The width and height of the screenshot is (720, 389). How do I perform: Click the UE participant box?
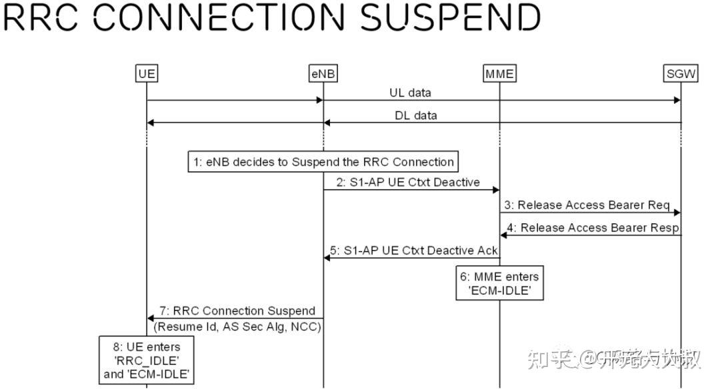147,73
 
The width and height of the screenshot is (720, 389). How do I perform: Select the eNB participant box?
323,73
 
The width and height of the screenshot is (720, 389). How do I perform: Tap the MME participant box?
499,73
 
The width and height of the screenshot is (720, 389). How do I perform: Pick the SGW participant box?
681,73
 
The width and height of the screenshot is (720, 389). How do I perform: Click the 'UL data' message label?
410,93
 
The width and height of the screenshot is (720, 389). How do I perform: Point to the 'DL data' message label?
416,115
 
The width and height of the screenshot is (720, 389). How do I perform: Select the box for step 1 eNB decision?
323,162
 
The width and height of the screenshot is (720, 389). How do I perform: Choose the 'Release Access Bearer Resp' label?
593,228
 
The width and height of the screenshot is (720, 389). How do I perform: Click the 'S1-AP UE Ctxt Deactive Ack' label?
414,250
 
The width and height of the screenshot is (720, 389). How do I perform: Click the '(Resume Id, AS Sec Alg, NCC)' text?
237,327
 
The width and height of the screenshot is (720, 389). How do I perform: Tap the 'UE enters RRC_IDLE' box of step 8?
147,361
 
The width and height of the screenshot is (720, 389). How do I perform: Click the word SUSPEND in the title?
451,17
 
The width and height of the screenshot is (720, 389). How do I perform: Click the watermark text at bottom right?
613,360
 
